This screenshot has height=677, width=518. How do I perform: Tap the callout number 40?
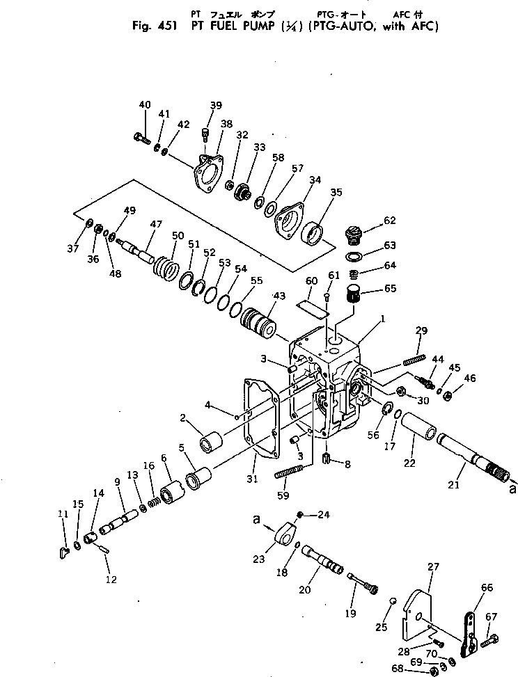tap(144, 105)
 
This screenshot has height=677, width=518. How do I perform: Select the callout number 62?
tap(388, 221)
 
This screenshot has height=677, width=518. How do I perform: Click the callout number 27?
tap(433, 567)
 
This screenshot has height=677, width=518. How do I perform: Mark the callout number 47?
tap(155, 224)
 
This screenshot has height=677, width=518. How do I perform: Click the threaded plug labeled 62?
tap(356, 235)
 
